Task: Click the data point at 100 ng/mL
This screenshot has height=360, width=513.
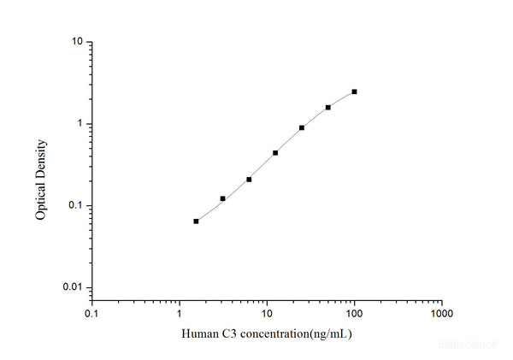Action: point(354,91)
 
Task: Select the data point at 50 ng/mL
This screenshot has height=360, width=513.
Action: point(327,108)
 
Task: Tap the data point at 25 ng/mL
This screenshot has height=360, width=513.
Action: point(302,127)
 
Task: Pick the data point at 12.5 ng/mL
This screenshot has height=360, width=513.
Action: point(275,153)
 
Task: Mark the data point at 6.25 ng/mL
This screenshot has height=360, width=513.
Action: point(249,180)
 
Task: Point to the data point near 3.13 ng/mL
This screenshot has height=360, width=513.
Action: point(222,198)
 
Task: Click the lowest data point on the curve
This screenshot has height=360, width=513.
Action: point(196,221)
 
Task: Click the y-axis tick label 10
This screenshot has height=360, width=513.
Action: point(77,42)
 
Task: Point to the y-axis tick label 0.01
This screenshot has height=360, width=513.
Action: point(73,288)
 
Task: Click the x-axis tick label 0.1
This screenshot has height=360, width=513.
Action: point(91,313)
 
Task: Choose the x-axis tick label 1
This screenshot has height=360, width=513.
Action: point(180,313)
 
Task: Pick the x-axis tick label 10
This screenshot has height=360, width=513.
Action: point(267,313)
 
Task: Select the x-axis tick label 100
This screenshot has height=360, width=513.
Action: point(354,313)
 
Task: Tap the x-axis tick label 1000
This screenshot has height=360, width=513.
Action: point(441,313)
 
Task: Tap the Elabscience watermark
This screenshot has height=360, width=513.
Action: point(466,345)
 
